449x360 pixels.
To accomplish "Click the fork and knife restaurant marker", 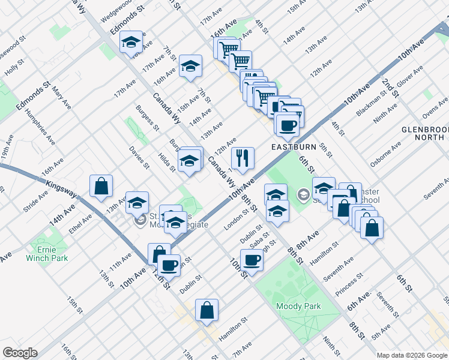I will pos(243,159).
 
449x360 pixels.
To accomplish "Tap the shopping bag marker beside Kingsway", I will pos(101,186).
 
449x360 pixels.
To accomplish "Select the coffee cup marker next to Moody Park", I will pos(252,261).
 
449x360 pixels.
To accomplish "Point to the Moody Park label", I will pos(298,306).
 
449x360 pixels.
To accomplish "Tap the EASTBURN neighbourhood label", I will pos(293,146).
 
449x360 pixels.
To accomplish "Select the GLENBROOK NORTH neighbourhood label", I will pos(426,133).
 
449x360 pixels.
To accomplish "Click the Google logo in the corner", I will pos(20,353).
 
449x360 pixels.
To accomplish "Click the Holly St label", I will pos(13,67).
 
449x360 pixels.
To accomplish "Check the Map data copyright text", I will pos(411,355).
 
